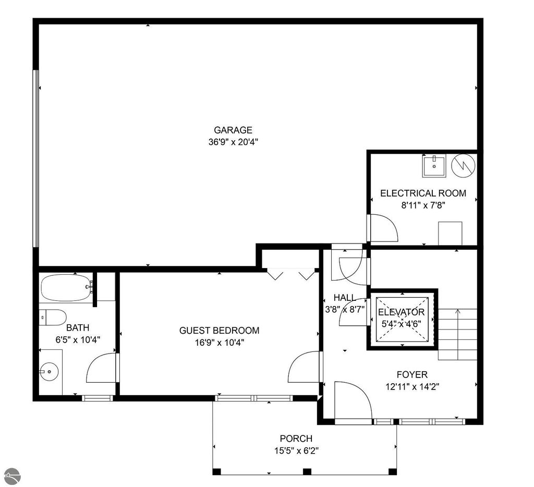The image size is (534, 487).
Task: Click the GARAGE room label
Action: [233, 130]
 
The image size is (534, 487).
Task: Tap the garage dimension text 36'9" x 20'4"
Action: [233, 142]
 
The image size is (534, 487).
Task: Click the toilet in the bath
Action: [52, 318]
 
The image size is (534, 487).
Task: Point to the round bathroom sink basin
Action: [49, 371]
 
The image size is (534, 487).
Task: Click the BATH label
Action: [78, 327]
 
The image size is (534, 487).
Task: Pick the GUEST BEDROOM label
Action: [220, 331]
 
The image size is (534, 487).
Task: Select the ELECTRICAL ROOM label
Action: [423, 193]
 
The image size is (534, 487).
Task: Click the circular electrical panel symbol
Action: [463, 166]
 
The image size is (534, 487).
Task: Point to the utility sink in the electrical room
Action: [434, 166]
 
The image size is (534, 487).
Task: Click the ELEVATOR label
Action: [402, 312]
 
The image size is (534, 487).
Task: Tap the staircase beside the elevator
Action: [457, 334]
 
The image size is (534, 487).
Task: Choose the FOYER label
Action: [412, 374]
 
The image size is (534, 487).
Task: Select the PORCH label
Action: [296, 439]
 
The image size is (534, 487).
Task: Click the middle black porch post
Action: [307, 472]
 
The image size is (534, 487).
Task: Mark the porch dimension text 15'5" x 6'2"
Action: [296, 451]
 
